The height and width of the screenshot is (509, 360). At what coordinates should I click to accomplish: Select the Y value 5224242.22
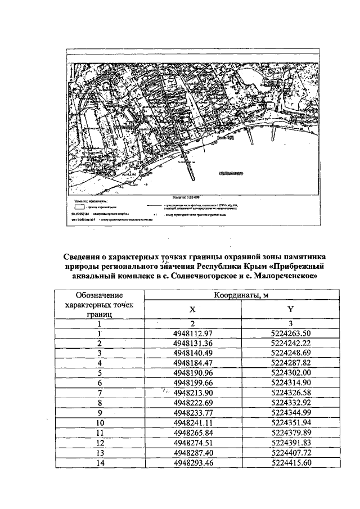coord(291,343)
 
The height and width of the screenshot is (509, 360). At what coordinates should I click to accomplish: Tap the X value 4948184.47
coord(192,363)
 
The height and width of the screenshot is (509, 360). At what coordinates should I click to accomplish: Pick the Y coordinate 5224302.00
coord(291,372)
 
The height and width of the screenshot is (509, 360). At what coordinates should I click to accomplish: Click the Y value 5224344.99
coord(291,411)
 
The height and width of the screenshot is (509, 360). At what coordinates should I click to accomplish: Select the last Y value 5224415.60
coord(291,463)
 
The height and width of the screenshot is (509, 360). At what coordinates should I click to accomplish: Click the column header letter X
coord(192,309)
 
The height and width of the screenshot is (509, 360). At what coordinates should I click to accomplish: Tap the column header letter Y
coord(291,309)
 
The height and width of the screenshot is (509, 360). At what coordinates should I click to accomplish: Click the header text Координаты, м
coord(242,295)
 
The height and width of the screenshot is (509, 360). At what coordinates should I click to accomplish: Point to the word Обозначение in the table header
coord(99,295)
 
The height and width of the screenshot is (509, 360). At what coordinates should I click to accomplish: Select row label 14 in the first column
coord(99,463)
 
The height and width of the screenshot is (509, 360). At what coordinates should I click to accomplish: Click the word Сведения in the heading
coord(87,257)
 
